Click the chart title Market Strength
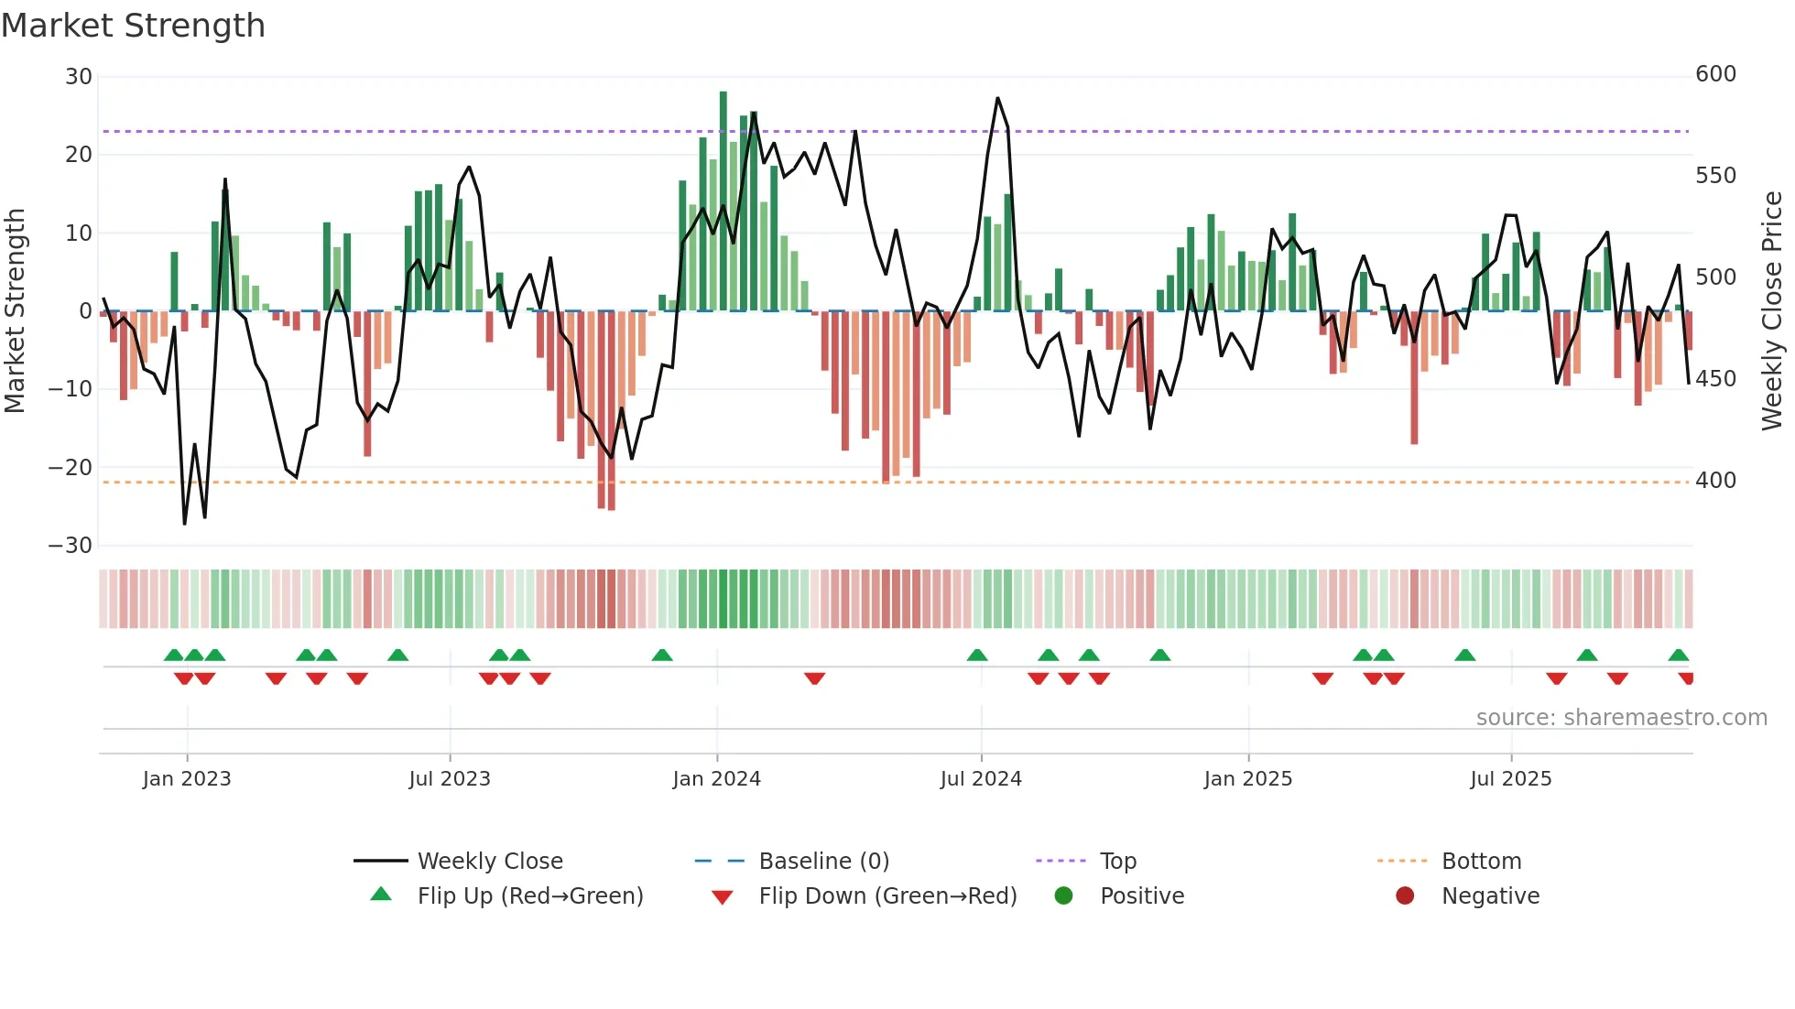click(x=133, y=26)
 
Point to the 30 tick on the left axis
click(x=79, y=77)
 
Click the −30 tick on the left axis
click(x=71, y=546)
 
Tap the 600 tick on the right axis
click(x=1715, y=74)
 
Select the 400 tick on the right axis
click(x=1715, y=481)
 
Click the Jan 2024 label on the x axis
click(x=716, y=779)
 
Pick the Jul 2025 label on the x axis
click(x=1511, y=779)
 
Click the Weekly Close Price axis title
click(x=1772, y=311)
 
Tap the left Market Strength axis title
click(x=15, y=311)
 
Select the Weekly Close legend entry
click(x=490, y=862)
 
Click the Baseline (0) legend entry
click(x=823, y=862)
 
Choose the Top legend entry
click(x=1117, y=862)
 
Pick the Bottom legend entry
click(x=1481, y=862)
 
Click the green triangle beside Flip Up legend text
click(x=381, y=895)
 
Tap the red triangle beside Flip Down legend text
click(x=722, y=897)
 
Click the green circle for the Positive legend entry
click(x=1063, y=895)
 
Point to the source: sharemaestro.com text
click(x=1621, y=718)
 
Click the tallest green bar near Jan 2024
click(x=723, y=201)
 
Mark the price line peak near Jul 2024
click(x=997, y=98)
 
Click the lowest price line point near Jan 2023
click(x=185, y=524)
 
